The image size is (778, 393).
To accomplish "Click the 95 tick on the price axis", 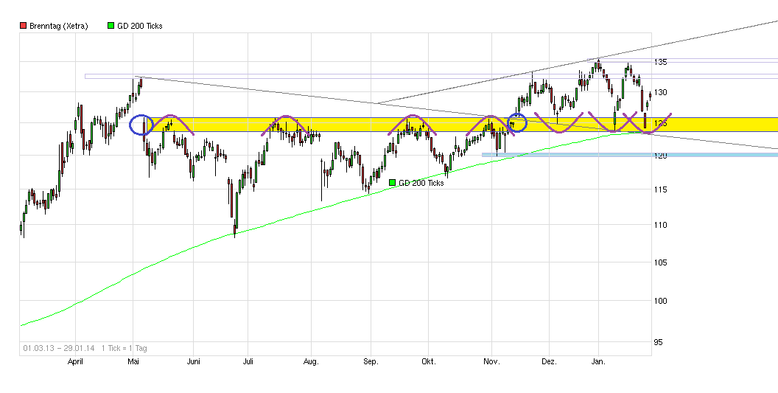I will (662, 342).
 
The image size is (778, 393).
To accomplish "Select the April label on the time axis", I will (75, 362).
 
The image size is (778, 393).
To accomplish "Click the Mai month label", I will (133, 362).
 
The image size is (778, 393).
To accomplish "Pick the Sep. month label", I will (371, 362).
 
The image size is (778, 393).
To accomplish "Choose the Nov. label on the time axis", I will (491, 362).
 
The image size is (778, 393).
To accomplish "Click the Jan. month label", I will (598, 362).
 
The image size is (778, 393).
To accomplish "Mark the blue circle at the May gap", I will (141, 125).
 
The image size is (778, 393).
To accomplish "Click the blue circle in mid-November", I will (518, 122).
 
